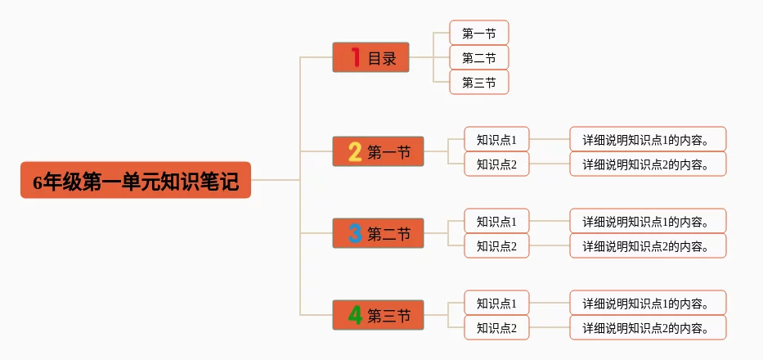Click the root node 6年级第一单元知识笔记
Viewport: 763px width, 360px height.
point(136,181)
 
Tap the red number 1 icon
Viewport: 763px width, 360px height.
point(355,57)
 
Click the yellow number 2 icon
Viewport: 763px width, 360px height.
point(355,152)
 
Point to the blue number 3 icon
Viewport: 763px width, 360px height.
point(355,234)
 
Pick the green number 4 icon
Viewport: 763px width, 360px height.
point(355,316)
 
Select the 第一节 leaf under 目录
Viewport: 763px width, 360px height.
point(478,34)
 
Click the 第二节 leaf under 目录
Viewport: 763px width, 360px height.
point(478,58)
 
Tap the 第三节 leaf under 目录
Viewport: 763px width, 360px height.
point(478,83)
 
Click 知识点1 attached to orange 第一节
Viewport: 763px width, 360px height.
point(496,140)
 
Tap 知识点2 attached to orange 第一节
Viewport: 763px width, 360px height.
point(496,164)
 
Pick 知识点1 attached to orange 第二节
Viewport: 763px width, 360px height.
point(496,222)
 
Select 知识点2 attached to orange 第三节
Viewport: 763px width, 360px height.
point(496,328)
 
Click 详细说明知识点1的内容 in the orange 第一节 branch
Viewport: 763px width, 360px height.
point(647,140)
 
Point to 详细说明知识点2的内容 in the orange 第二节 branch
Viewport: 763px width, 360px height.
point(647,246)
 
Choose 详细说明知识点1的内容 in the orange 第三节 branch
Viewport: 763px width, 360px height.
point(647,304)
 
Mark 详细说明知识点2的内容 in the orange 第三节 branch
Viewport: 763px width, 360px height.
point(647,328)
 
